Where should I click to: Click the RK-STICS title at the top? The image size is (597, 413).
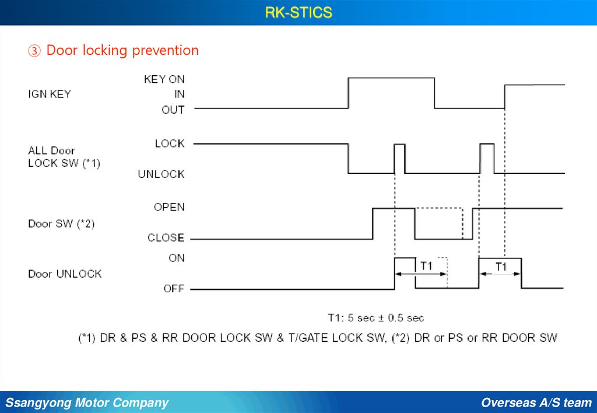[298, 12]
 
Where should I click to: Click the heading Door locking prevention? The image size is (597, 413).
[122, 51]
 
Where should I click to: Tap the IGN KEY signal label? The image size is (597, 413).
[50, 94]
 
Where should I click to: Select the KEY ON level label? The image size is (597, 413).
[164, 79]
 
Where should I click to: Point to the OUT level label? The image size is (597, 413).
[173, 109]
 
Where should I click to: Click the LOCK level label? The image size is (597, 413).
[170, 143]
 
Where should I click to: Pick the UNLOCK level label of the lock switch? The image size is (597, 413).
[161, 174]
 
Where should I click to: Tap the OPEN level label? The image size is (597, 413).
[169, 207]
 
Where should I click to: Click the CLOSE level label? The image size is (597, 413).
[166, 237]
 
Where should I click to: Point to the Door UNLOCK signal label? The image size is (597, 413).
[65, 274]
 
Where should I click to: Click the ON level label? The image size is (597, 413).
[177, 258]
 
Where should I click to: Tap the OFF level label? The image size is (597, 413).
[174, 289]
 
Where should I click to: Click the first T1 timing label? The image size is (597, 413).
[426, 265]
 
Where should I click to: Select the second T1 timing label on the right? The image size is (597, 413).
[501, 267]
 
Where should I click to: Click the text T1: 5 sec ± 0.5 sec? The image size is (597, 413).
[375, 318]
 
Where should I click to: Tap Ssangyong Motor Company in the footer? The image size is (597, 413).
[87, 402]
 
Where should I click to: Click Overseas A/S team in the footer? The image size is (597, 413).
[536, 402]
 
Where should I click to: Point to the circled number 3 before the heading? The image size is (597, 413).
[34, 51]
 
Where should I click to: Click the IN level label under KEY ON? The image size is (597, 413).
[179, 94]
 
